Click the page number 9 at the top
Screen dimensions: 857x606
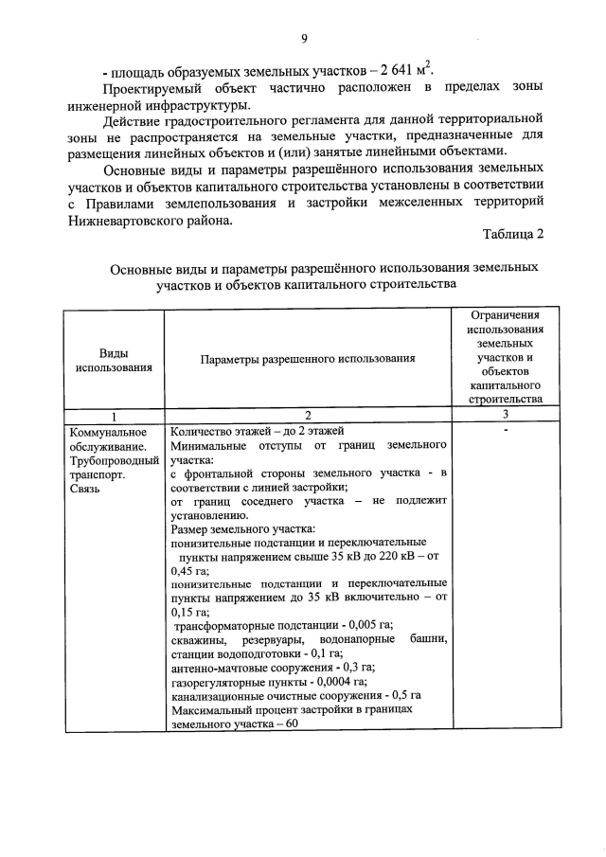click(304, 38)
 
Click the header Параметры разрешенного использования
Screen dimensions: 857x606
click(308, 359)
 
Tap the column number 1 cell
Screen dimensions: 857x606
click(114, 414)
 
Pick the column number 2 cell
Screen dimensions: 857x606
click(308, 414)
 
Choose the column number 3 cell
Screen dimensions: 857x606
click(506, 414)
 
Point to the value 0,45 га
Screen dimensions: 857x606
click(189, 571)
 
